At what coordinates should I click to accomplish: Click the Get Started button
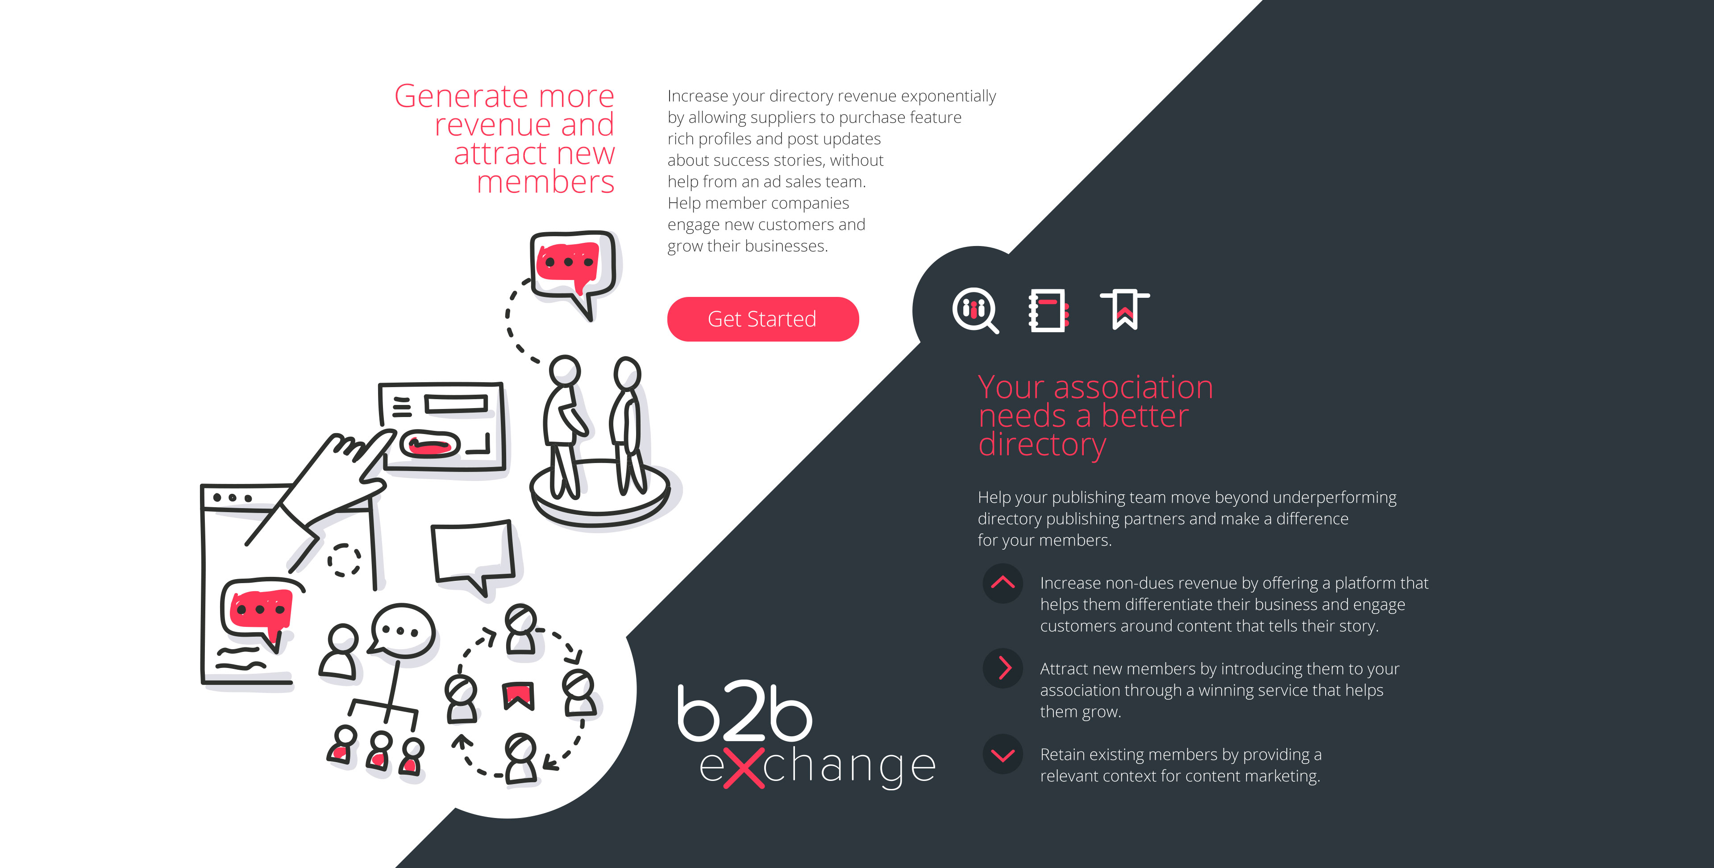pos(762,319)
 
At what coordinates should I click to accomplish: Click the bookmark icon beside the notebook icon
pos(1124,309)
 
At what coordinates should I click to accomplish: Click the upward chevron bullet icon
pos(1003,583)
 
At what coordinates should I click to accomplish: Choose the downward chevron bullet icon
pos(1003,754)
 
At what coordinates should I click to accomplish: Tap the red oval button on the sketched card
pos(430,445)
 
